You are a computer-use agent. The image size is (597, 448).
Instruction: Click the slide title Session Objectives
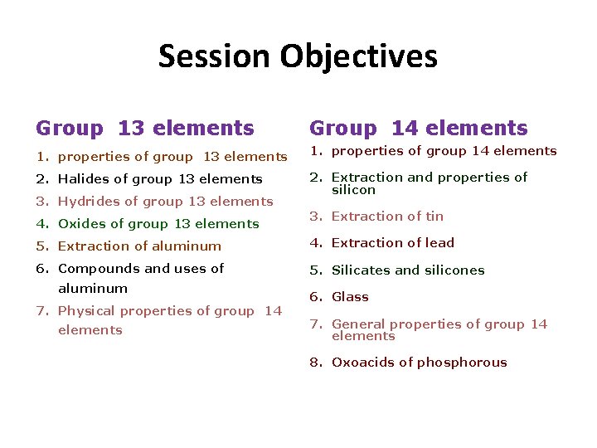(x=298, y=57)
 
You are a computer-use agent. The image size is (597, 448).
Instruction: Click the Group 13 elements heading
(x=145, y=129)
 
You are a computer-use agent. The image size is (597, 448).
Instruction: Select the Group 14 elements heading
(x=418, y=129)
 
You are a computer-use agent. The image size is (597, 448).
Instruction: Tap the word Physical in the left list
(x=86, y=311)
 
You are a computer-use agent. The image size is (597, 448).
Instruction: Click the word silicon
(x=353, y=190)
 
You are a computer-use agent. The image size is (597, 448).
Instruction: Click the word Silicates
(x=359, y=270)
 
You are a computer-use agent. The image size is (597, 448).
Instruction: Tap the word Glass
(x=350, y=297)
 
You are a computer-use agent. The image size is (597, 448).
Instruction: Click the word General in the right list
(x=358, y=324)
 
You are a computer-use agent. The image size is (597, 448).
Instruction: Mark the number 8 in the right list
(x=314, y=363)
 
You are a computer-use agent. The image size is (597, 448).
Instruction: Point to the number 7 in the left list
(x=40, y=311)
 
